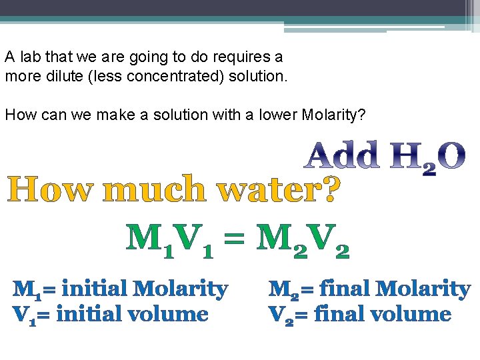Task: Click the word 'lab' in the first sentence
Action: point(28,57)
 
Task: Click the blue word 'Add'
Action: point(342,155)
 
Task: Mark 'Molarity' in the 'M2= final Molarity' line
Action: point(422,289)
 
